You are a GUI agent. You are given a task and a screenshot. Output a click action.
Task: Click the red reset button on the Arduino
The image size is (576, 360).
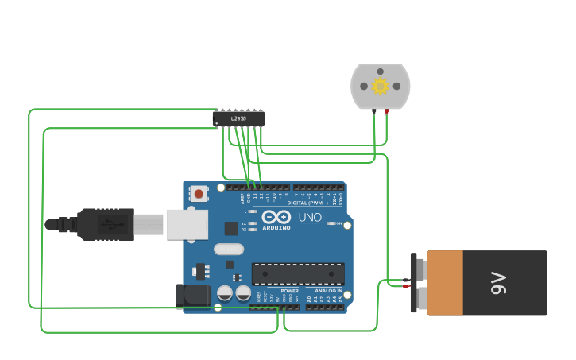click(199, 193)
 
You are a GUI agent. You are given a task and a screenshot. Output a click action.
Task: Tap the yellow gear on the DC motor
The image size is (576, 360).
click(380, 86)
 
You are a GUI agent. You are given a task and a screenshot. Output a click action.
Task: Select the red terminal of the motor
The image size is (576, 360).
click(387, 111)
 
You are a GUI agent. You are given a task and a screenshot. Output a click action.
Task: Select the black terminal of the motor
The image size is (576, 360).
click(373, 111)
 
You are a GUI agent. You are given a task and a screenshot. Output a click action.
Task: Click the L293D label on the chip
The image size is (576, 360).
click(238, 119)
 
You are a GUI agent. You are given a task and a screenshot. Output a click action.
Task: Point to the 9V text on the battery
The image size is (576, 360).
click(498, 283)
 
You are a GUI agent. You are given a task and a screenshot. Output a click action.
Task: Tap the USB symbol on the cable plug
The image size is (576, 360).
click(116, 225)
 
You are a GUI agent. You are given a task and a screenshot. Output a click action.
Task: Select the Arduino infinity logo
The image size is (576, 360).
click(276, 217)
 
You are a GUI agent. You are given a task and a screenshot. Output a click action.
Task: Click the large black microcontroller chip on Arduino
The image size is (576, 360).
click(298, 274)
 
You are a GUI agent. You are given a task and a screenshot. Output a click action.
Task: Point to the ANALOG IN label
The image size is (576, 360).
click(327, 292)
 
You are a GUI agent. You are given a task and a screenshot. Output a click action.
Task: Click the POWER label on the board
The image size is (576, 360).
click(290, 292)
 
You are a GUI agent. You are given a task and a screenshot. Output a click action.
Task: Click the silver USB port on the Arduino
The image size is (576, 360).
click(187, 224)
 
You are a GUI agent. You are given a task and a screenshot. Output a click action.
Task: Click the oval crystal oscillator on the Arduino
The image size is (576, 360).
click(228, 249)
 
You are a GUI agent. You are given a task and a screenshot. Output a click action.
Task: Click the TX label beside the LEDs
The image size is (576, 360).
click(244, 223)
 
